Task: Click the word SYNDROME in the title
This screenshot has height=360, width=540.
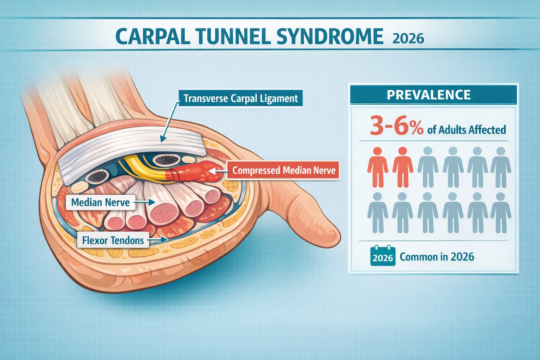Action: tap(330, 36)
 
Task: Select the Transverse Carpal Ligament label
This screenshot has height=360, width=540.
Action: tap(240, 98)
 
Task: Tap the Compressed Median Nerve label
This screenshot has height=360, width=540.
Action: tap(284, 171)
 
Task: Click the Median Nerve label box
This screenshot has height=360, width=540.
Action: tap(100, 202)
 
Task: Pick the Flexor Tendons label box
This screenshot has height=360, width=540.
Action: tap(113, 240)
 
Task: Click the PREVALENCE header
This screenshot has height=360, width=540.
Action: tap(429, 95)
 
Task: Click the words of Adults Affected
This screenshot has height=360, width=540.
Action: tap(467, 130)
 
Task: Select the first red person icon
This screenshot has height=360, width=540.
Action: tap(378, 167)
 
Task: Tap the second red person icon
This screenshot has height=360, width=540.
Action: tap(403, 167)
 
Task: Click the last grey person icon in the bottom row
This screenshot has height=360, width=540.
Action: tap(501, 213)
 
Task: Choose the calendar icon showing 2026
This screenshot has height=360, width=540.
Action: tap(383, 256)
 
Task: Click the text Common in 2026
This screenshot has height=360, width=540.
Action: tap(437, 257)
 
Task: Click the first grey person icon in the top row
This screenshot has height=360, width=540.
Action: tap(427, 167)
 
